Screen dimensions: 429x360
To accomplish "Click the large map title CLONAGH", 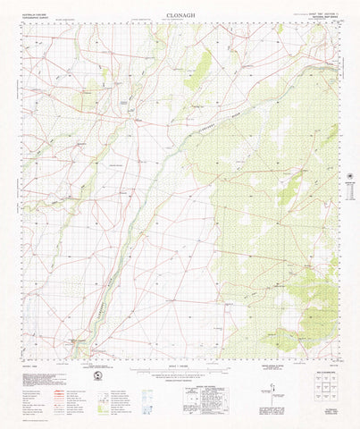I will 180,15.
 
